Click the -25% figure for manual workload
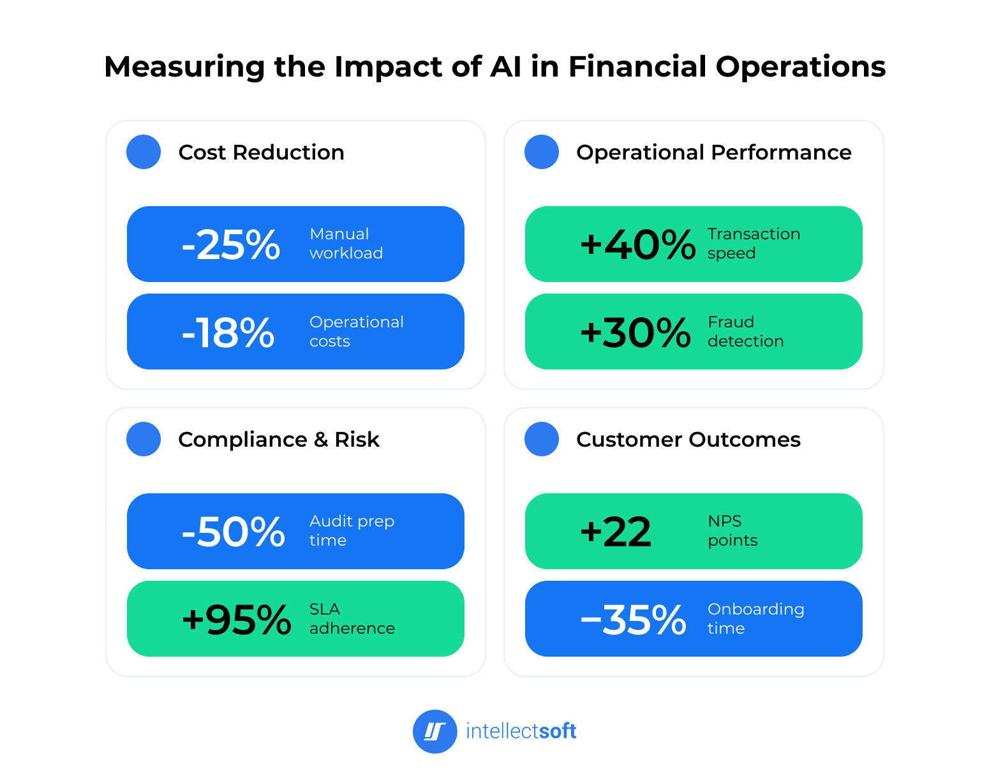[231, 244]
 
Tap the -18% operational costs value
[228, 332]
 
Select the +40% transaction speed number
[637, 244]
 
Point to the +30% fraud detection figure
[635, 332]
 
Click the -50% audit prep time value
[233, 532]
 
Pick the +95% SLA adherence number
[236, 620]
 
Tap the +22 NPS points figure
[616, 532]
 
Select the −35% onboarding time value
[633, 620]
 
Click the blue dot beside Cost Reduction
[144, 152]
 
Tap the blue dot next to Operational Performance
[542, 152]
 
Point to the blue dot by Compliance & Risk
[144, 439]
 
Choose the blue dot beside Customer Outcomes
[542, 439]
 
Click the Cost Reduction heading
[261, 153]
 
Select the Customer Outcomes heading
[688, 440]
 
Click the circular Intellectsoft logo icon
[435, 731]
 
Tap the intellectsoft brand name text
[521, 731]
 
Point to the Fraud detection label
[745, 332]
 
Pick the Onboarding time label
[755, 619]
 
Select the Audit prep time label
[352, 531]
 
